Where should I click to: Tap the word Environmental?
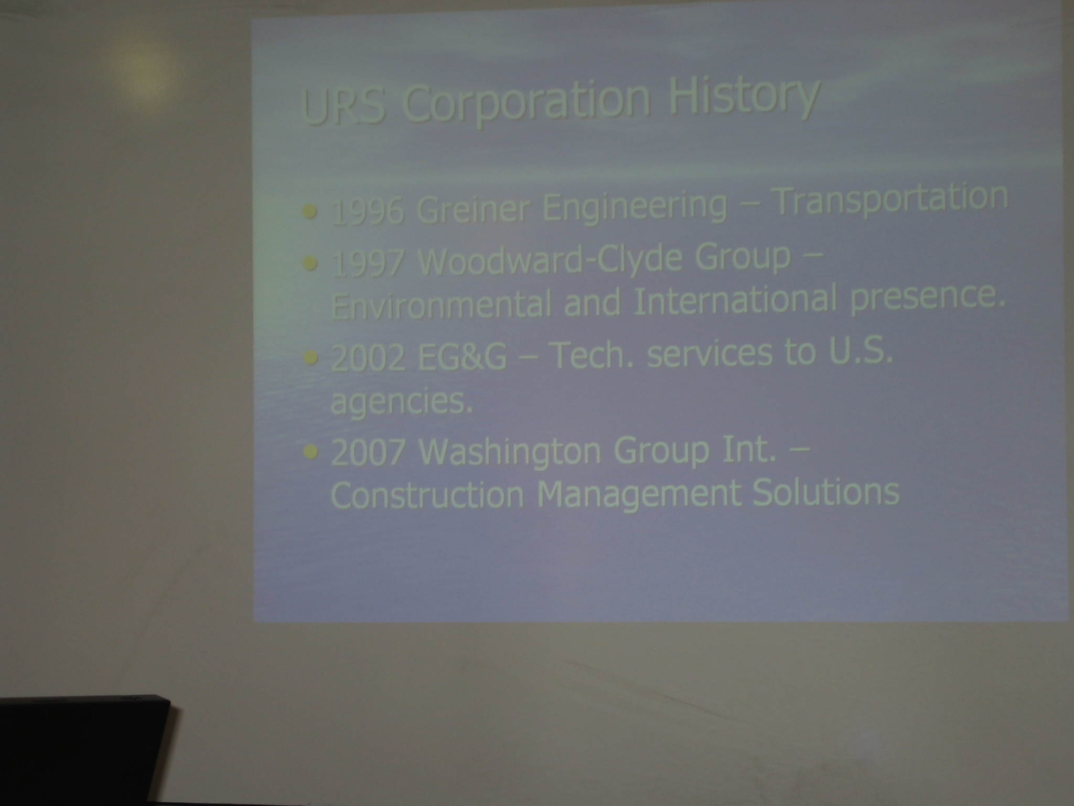pyautogui.click(x=441, y=304)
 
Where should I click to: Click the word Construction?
pyautogui.click(x=427, y=494)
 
